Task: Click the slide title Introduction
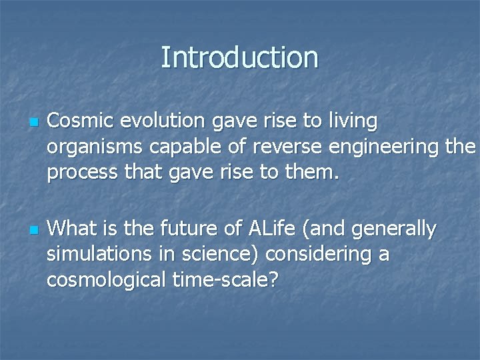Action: click(239, 57)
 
